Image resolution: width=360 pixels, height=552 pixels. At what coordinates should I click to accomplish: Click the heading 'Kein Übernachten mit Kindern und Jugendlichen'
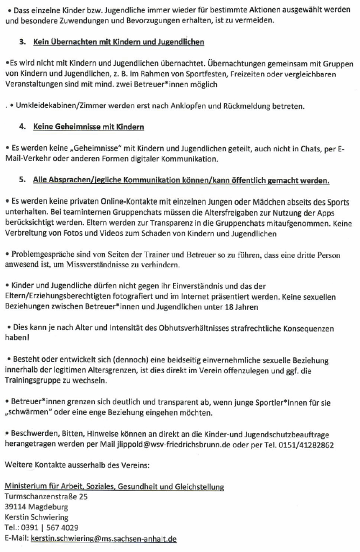pos(118,42)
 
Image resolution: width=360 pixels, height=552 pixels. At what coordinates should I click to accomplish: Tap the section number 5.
pos(22,179)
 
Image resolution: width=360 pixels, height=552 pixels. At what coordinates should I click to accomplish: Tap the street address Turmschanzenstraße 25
pos(46,496)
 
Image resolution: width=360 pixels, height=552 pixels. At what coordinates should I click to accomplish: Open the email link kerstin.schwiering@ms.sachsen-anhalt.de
pos(103,538)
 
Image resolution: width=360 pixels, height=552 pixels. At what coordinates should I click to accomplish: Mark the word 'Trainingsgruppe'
pos(34,381)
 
